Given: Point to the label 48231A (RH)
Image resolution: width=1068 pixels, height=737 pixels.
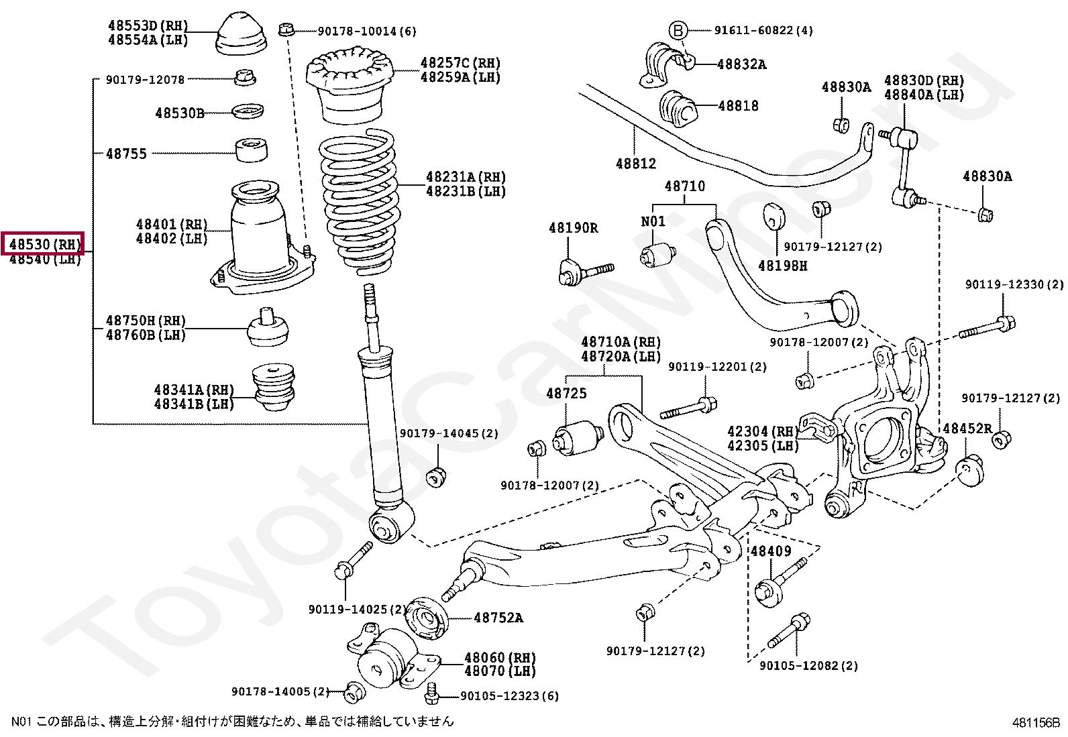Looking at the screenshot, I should click(465, 177).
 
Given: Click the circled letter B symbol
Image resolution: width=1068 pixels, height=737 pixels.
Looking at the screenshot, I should click(678, 30).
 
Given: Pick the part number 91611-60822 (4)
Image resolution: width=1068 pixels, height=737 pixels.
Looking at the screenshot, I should click(763, 30).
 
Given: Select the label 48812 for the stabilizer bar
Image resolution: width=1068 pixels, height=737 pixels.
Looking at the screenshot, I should click(635, 163).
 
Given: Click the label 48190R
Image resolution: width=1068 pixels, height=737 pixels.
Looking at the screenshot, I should click(573, 228).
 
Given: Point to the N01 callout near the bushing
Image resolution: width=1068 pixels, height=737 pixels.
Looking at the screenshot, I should click(652, 221).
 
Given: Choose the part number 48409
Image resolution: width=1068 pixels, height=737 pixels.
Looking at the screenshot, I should click(770, 551).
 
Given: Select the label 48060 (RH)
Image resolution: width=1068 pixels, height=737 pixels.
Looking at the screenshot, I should click(500, 658).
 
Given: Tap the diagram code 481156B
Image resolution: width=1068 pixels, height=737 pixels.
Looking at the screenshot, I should click(1035, 723).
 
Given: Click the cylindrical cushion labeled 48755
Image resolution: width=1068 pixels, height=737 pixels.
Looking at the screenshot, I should click(252, 150).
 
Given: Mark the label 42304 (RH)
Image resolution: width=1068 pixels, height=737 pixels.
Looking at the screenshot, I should click(762, 431).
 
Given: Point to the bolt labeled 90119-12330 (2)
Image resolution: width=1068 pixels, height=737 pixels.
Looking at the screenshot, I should click(987, 329).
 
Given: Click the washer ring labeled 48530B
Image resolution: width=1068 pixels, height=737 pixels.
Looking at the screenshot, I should click(248, 111).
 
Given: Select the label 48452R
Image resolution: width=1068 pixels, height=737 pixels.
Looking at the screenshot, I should click(967, 428).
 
